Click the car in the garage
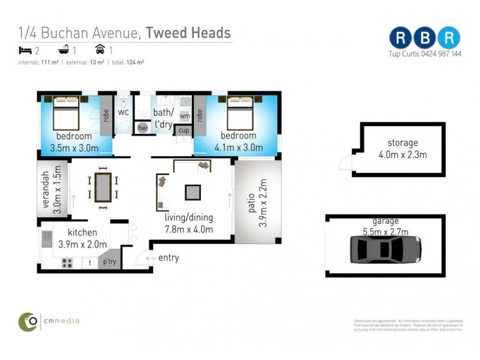[385, 248]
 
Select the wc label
[123, 112]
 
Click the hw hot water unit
[143, 127]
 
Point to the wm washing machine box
[185, 116]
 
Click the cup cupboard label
[184, 130]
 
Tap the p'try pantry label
[109, 262]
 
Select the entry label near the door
[168, 258]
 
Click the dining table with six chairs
[103, 187]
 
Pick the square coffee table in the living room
[193, 192]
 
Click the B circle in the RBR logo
[424, 37]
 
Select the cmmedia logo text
[60, 320]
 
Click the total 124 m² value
[134, 62]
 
